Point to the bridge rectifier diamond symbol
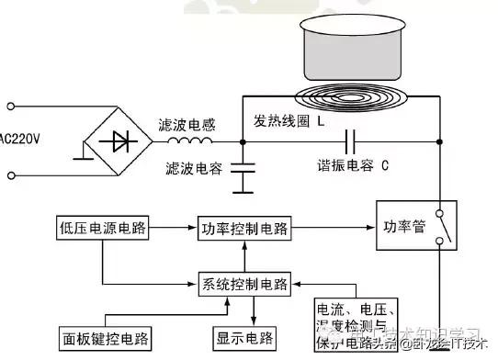point(119,141)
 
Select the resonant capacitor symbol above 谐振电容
point(348,141)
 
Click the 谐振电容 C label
point(351,166)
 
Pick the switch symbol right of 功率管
point(441,225)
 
